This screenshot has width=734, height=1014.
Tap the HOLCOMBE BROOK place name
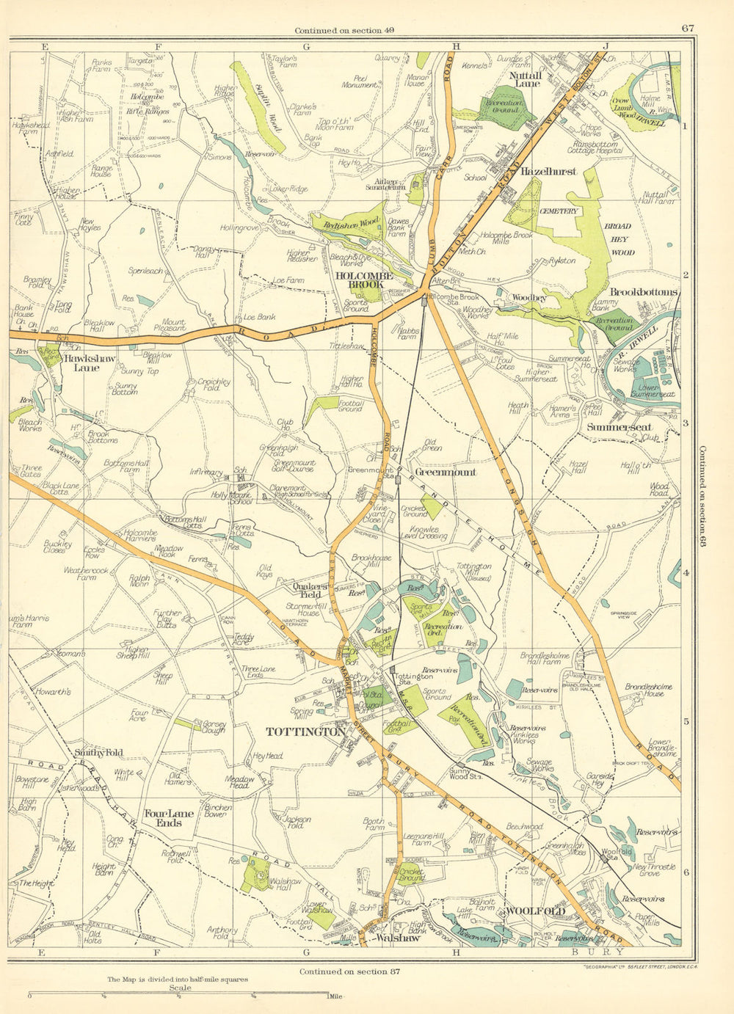364,280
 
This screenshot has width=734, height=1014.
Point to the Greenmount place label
446,472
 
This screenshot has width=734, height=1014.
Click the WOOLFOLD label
535,911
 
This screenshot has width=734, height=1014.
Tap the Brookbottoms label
643,292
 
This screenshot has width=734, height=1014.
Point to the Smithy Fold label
98,752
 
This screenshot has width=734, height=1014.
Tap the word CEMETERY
559,211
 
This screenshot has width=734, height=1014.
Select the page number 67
687,29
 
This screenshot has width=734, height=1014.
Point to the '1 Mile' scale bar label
335,996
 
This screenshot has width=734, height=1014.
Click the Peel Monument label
360,80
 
